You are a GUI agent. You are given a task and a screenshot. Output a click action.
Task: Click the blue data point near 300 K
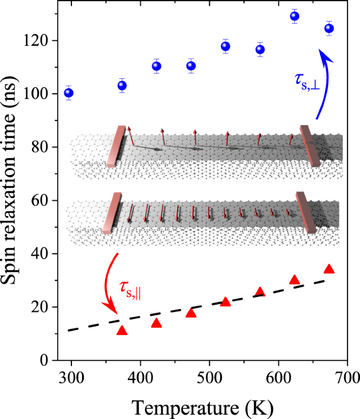coord(68,93)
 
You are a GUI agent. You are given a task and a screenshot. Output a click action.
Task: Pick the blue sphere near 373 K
coord(122,85)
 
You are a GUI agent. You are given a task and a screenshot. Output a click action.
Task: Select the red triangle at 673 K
coord(329,269)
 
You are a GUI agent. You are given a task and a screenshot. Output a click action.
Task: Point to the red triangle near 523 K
coord(225,302)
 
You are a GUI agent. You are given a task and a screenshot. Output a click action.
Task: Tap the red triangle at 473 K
coord(191,313)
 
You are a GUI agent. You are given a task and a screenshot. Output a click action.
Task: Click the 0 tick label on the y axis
coord(45,361)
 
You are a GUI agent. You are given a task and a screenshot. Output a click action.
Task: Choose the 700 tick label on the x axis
coord(347,378)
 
